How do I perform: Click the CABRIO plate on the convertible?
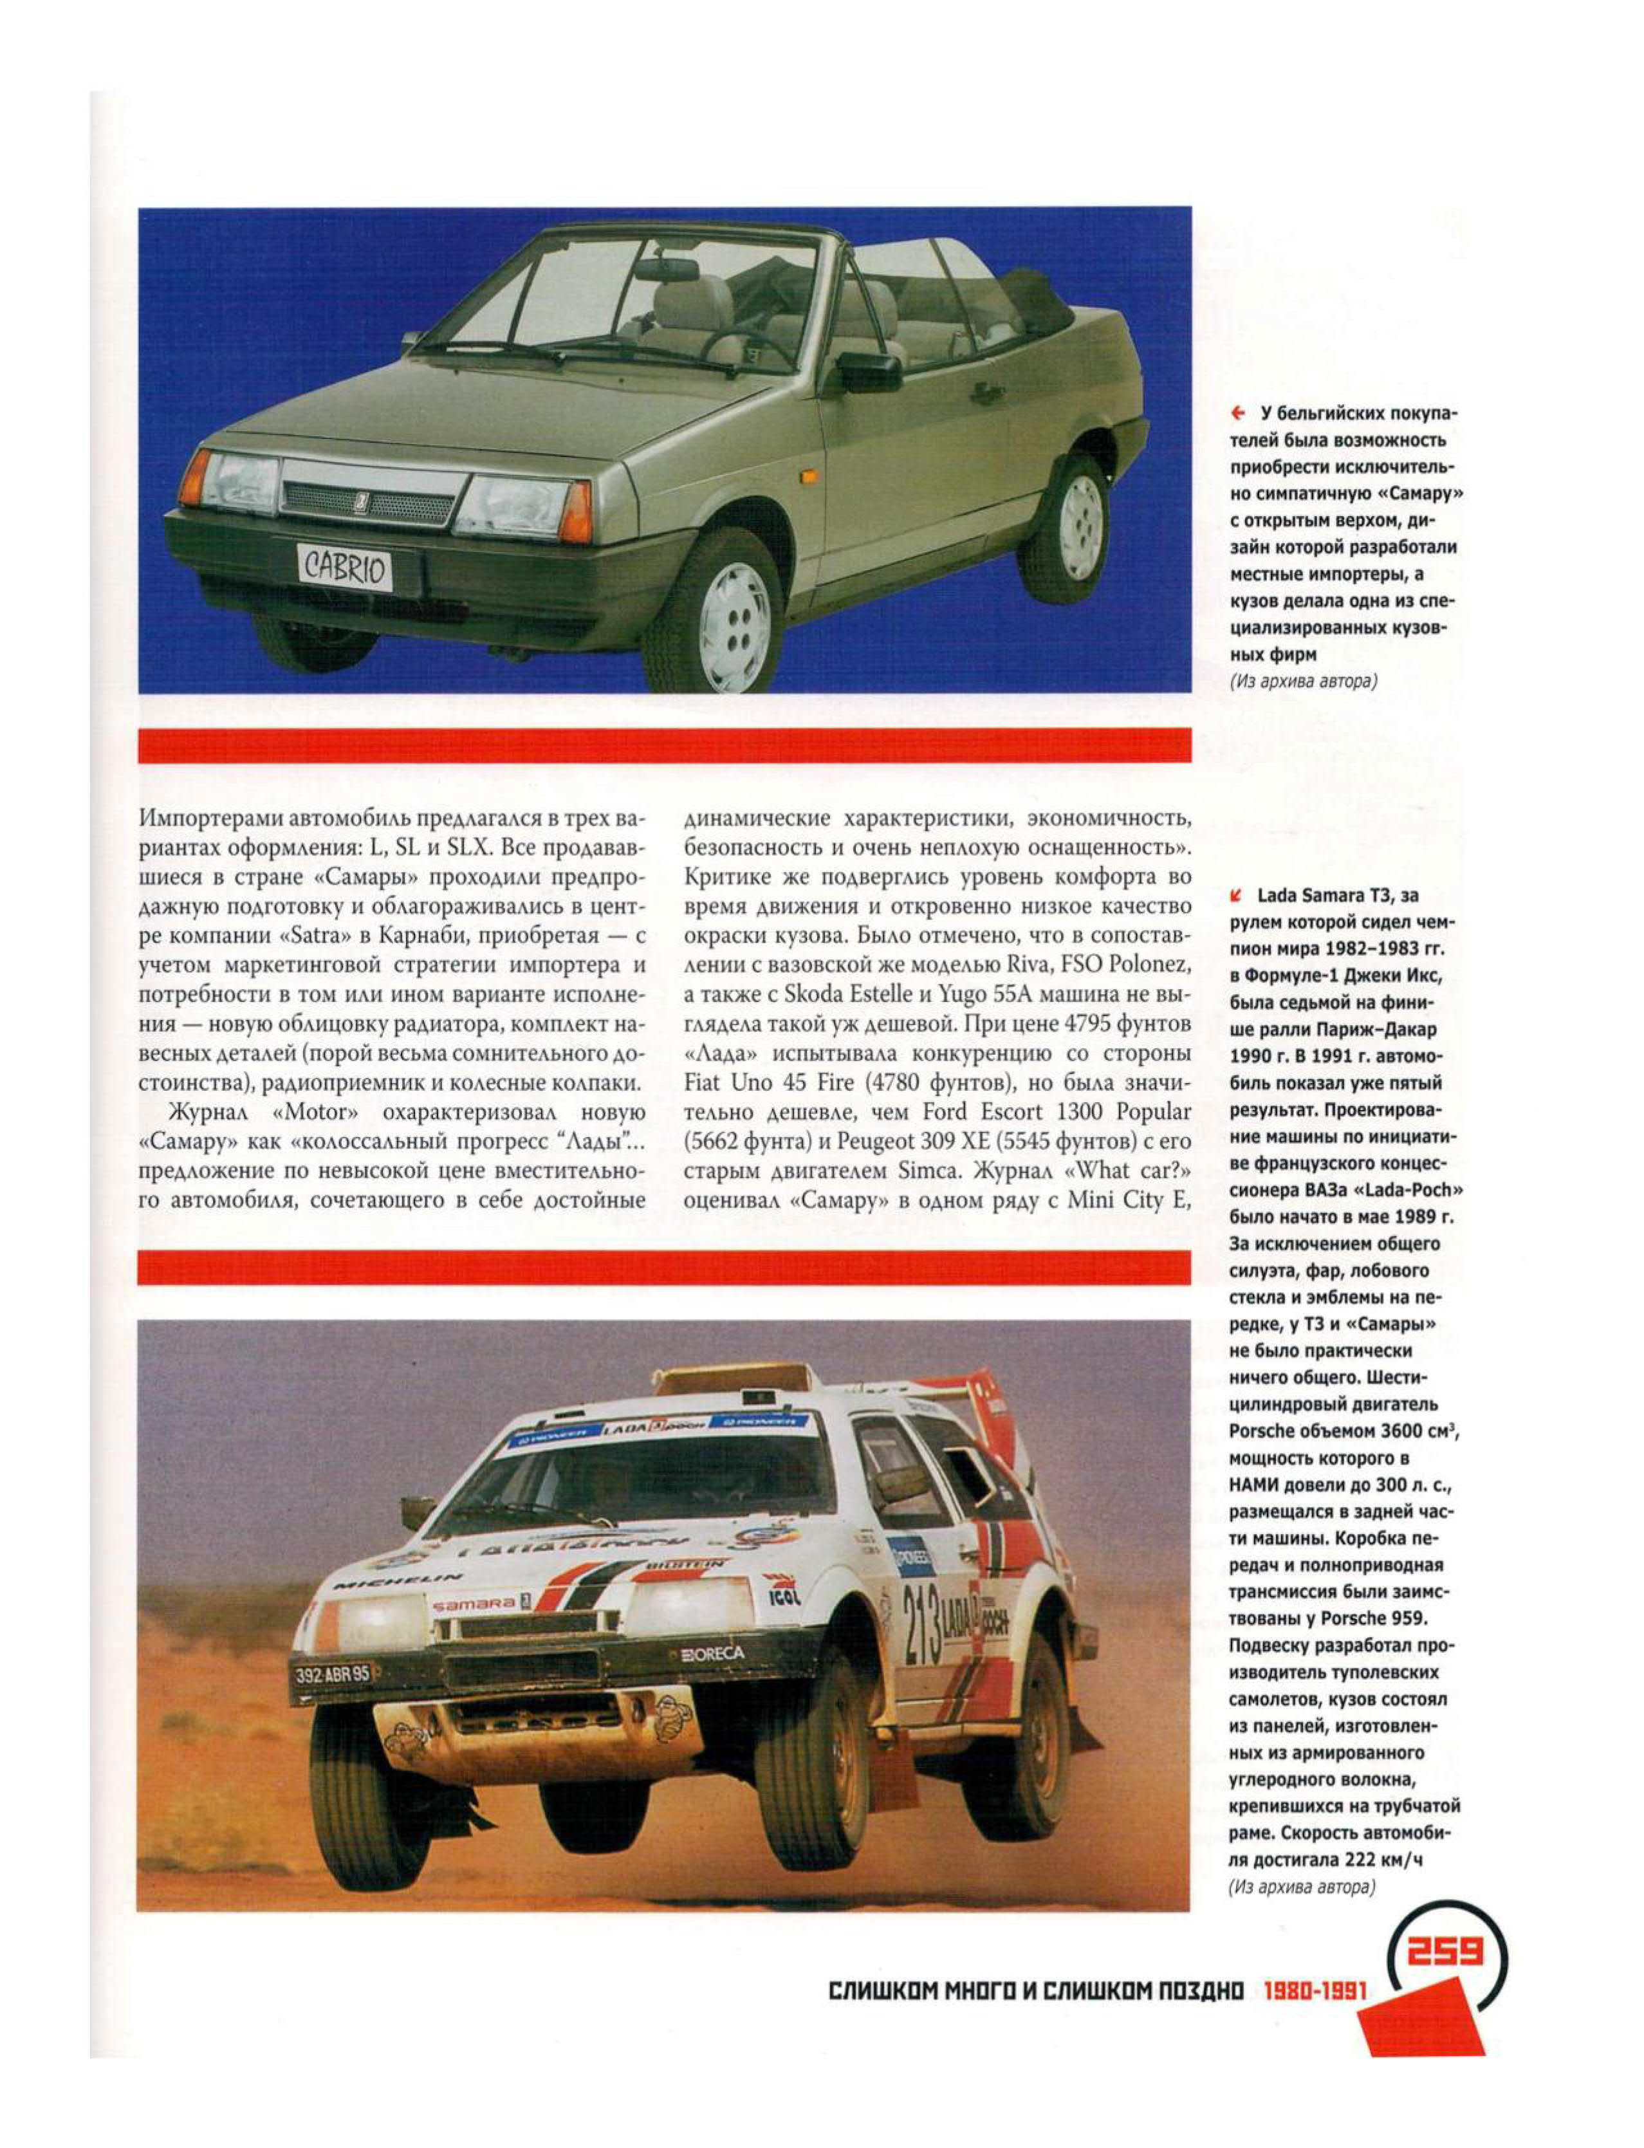click(x=344, y=568)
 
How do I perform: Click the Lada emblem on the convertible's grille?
click(x=360, y=502)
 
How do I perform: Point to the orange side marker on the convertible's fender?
click(x=808, y=477)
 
